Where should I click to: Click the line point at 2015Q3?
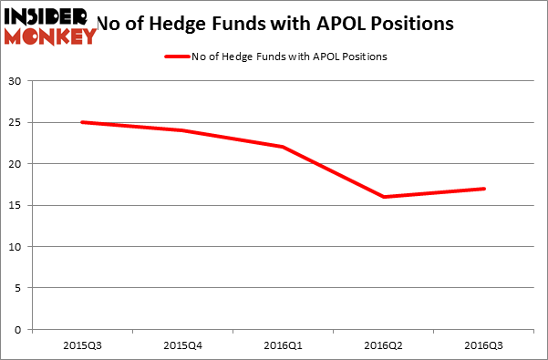click(x=82, y=122)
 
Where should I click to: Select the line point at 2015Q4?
click(x=182, y=130)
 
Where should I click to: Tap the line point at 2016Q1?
click(x=283, y=147)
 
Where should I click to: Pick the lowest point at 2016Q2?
click(x=383, y=197)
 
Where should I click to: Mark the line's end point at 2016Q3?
click(x=483, y=189)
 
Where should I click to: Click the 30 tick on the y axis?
click(x=16, y=81)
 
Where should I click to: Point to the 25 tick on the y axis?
click(x=16, y=122)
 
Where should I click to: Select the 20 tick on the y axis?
click(x=16, y=164)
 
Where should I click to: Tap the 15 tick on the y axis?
click(x=16, y=205)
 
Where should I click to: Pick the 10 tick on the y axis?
click(x=16, y=247)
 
